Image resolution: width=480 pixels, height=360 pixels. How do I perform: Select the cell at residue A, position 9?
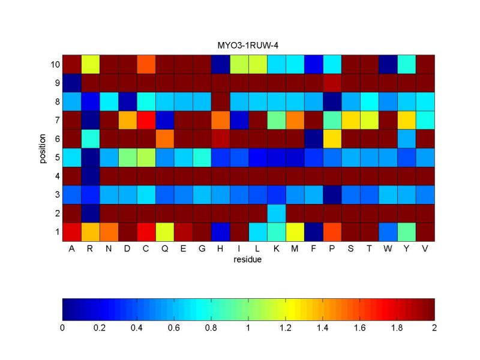[x=71, y=82]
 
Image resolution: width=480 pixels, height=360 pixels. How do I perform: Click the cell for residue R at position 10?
[x=90, y=64]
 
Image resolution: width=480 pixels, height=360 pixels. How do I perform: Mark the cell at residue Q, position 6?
[x=164, y=138]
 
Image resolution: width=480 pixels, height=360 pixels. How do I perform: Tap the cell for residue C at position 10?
[x=146, y=64]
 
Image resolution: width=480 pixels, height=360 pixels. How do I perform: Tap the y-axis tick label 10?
[x=53, y=64]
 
